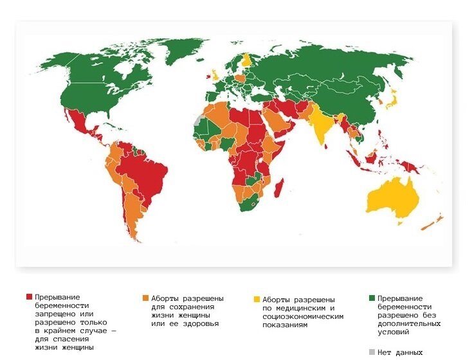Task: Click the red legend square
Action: [x=29, y=297]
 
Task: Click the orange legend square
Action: [x=145, y=298]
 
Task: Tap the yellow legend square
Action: [x=257, y=300]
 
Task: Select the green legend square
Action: [x=372, y=298]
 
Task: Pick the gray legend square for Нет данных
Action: [x=372, y=352]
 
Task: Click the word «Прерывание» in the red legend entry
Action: [x=58, y=297]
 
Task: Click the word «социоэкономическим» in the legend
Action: [x=303, y=316]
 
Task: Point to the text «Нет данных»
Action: [x=401, y=352]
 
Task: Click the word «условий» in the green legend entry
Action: [x=394, y=332]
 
